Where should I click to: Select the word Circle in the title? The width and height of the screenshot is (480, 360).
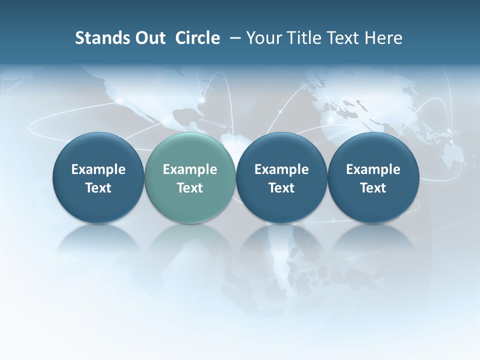pyautogui.click(x=197, y=38)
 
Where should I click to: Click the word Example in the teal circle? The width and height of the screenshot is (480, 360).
pyautogui.click(x=190, y=169)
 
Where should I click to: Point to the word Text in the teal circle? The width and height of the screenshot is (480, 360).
pyautogui.click(x=190, y=188)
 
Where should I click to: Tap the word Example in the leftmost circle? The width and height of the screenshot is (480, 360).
pyautogui.click(x=98, y=169)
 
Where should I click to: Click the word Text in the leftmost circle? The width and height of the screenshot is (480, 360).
pyautogui.click(x=98, y=188)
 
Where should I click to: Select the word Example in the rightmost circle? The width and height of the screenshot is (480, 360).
pyautogui.click(x=373, y=169)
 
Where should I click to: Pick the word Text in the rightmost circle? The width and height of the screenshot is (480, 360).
pyautogui.click(x=373, y=188)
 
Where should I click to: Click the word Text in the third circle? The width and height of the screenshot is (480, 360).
pyautogui.click(x=281, y=188)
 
